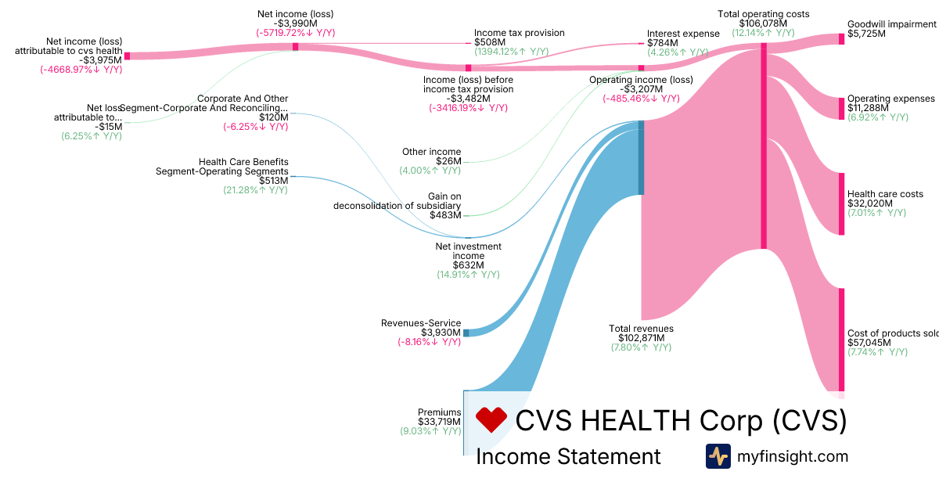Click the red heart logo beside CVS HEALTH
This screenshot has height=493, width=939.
coord(492,420)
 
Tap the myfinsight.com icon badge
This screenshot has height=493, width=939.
coord(718,456)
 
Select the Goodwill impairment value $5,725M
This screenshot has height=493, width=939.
coord(866,34)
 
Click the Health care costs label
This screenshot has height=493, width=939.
coord(885,194)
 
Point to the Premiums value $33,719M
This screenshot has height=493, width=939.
coord(439,422)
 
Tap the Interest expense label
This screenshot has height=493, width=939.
coord(683,34)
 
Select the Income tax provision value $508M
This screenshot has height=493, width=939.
coord(489,42)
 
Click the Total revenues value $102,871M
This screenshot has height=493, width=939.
coord(641,338)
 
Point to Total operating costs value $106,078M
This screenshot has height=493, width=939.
coord(763,23)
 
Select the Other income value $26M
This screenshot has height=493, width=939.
coord(449,161)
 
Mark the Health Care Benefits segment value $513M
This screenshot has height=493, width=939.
coord(273,181)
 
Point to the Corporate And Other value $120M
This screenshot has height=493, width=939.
coord(273,117)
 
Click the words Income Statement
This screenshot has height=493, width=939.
coord(568,457)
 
